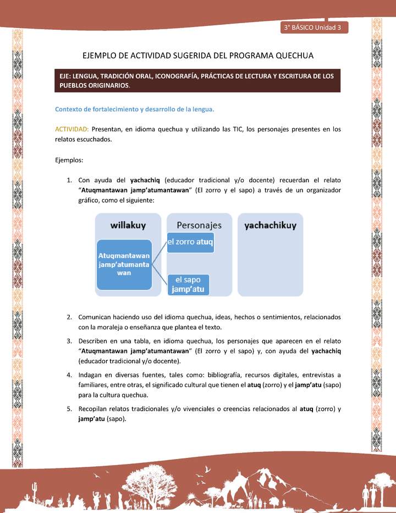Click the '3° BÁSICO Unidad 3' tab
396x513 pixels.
pyautogui.click(x=313, y=27)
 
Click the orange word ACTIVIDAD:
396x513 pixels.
pyautogui.click(x=72, y=129)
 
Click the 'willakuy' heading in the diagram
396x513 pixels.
pyautogui.click(x=128, y=225)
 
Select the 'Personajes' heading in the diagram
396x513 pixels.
pyautogui.click(x=199, y=225)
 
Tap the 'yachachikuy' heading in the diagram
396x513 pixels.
pyautogui.click(x=270, y=225)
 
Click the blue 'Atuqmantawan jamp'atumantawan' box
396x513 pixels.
pyautogui.click(x=124, y=264)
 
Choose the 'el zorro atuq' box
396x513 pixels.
pyautogui.click(x=190, y=242)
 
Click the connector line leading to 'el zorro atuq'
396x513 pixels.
pyautogui.click(x=159, y=252)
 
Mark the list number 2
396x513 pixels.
pyautogui.click(x=70, y=317)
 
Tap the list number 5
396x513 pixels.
pyautogui.click(x=70, y=409)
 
